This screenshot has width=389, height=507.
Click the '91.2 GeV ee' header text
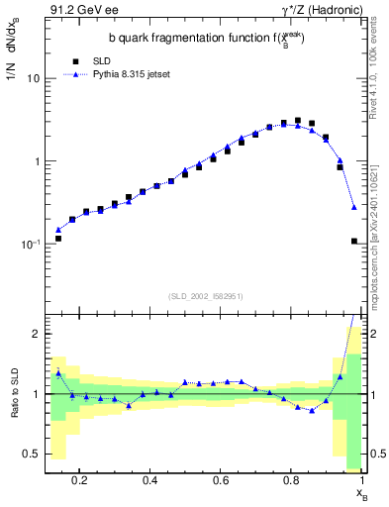77,12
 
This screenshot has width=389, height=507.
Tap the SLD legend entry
88,60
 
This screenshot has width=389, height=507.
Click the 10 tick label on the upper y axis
33,78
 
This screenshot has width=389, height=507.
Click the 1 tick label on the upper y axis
36,161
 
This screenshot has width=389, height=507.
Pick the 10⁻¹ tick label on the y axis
30,244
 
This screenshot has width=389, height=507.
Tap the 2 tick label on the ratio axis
36,334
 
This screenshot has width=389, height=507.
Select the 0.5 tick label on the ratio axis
32,454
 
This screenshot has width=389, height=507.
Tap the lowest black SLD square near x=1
354,241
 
